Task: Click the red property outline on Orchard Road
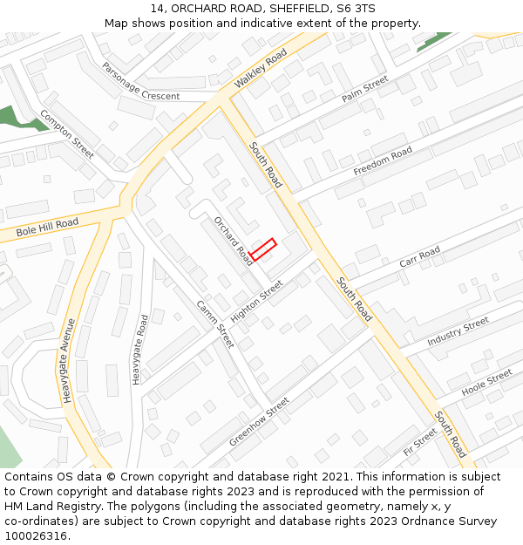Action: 262,249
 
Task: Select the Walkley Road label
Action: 261,69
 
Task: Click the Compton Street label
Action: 66,134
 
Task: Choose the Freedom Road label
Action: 383,160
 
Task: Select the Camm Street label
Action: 214,323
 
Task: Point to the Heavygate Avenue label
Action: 69,359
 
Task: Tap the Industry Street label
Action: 458,331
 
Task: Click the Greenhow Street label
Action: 259,422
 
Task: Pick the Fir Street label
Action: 420,442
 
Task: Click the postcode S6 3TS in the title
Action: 356,9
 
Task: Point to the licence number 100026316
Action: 36,535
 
